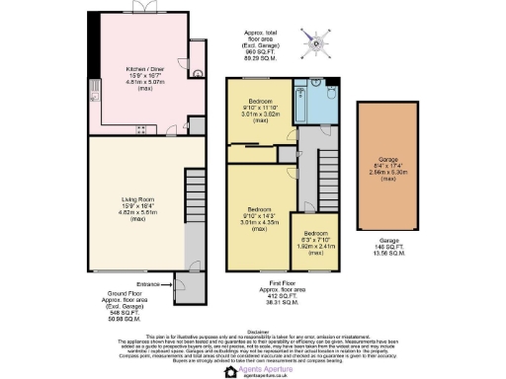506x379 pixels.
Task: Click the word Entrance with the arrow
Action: (150, 284)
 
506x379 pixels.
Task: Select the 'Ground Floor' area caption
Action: (126, 306)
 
